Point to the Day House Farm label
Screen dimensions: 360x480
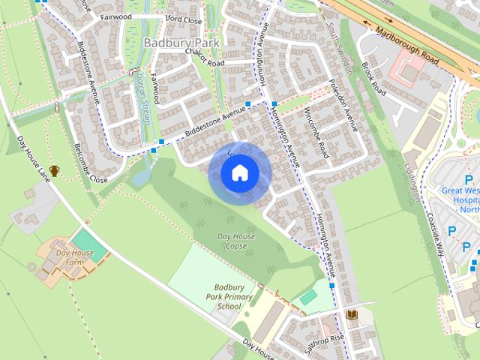(75, 257)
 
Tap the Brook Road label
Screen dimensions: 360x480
(373, 79)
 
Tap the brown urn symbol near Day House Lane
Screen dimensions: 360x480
(54, 172)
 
